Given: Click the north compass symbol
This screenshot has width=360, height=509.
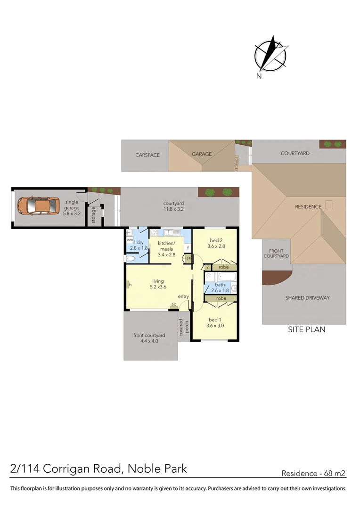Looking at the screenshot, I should [x=270, y=56].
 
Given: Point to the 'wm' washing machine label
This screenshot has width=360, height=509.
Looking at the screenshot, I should [x=130, y=239].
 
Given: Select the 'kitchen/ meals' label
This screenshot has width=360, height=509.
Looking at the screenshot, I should [x=166, y=246].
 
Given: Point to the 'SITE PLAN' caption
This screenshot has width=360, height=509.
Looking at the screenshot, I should [x=307, y=330].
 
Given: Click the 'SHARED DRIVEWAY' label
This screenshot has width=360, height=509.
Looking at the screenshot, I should [x=307, y=298].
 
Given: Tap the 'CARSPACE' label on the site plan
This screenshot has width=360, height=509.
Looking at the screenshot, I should [x=147, y=155].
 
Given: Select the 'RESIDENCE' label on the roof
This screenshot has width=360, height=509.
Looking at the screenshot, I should [x=308, y=206].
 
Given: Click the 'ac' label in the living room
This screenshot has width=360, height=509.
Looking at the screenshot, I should [x=174, y=304].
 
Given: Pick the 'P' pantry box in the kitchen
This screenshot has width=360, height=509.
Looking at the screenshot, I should [x=188, y=258].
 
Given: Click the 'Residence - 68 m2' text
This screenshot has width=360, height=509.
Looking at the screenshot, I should [x=313, y=473].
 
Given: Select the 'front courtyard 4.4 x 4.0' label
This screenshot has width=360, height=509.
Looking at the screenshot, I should [x=149, y=338].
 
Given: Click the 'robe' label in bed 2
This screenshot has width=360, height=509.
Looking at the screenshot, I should [x=223, y=267].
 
